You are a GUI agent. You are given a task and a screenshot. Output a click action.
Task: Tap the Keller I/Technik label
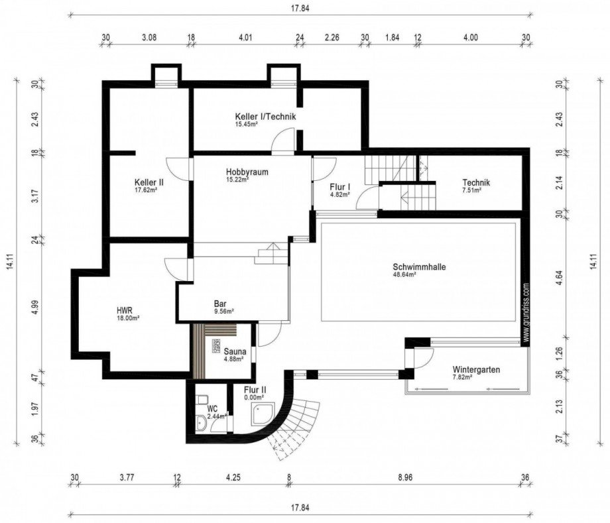tap(265, 117)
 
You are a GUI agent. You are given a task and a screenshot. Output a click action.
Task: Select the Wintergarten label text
tap(476, 369)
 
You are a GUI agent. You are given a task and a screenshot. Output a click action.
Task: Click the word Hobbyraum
tap(247, 171)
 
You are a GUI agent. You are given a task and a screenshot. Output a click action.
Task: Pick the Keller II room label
tap(149, 182)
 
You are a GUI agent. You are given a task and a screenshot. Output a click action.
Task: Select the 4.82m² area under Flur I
tap(340, 195)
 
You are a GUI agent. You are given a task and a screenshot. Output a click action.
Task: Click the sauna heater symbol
tap(216, 345)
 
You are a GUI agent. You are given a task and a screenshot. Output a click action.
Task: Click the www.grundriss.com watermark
tap(526, 313)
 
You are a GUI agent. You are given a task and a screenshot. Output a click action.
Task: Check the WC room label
tap(212, 408)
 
